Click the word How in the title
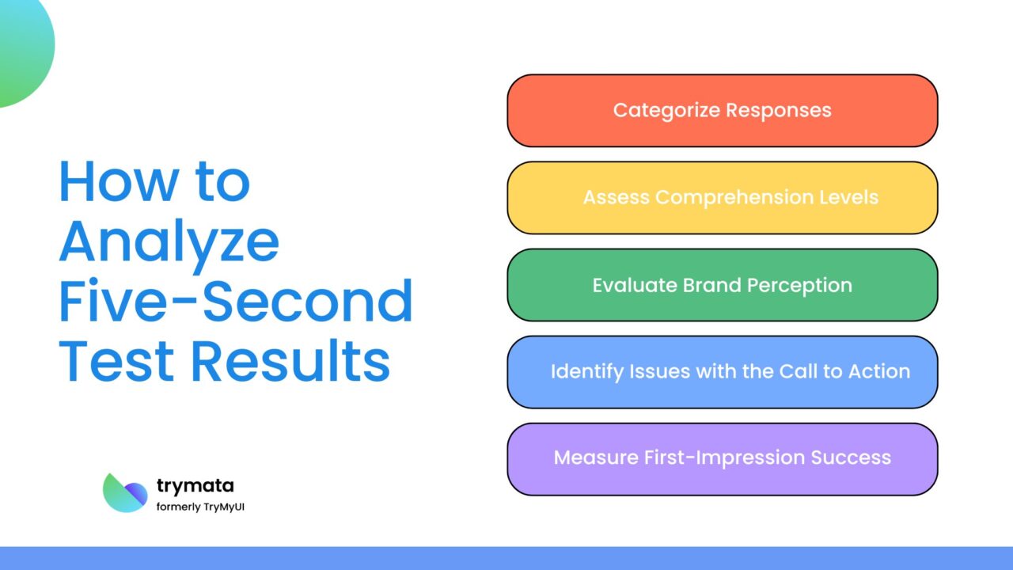tap(111, 181)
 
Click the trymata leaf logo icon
tap(125, 492)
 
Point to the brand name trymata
tap(195, 485)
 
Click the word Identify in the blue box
tap(583, 371)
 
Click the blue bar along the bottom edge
tap(506, 558)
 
